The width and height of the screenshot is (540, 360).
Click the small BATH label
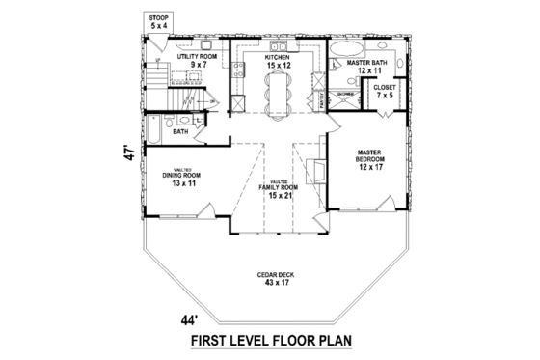pos(180,131)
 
